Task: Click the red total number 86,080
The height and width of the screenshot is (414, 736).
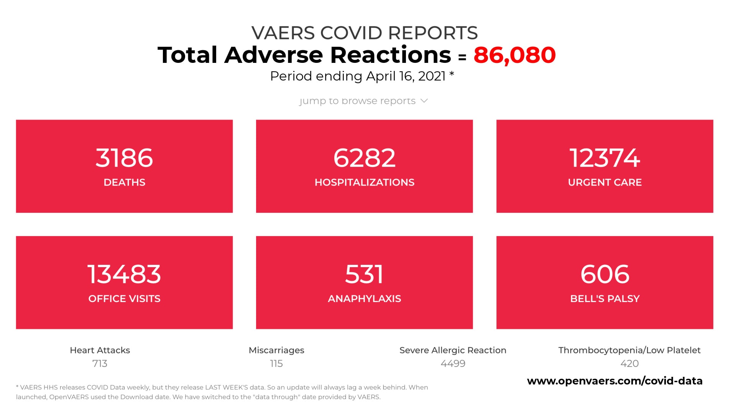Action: point(514,55)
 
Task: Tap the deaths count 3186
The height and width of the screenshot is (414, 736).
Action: point(124,158)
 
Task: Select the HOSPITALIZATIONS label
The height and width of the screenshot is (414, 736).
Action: point(364,182)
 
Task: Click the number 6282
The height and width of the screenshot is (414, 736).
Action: point(364,158)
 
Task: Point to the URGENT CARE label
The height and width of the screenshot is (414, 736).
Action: point(605,182)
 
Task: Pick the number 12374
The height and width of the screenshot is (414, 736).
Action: point(605,158)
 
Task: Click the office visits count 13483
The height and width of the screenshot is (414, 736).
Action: point(124,274)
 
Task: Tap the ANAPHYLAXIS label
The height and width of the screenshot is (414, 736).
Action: point(364,299)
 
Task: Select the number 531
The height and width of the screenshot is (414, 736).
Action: point(364,274)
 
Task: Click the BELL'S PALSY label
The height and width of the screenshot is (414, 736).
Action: point(605,299)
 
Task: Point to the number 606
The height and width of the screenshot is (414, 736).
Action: point(605,274)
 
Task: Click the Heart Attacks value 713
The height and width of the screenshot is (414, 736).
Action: point(100,363)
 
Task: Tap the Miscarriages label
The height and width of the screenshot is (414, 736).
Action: point(276,350)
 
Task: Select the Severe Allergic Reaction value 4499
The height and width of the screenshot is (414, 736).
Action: point(453,363)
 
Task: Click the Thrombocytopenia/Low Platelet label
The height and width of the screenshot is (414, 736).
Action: point(629,350)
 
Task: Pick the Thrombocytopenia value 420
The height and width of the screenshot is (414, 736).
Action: point(629,363)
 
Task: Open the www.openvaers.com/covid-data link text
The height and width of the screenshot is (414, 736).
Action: point(614,381)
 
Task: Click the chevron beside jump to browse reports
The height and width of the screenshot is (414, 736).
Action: point(424,101)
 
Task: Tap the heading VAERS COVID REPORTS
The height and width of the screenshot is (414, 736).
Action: point(364,33)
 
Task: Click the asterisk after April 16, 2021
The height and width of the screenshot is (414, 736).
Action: point(452,74)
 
